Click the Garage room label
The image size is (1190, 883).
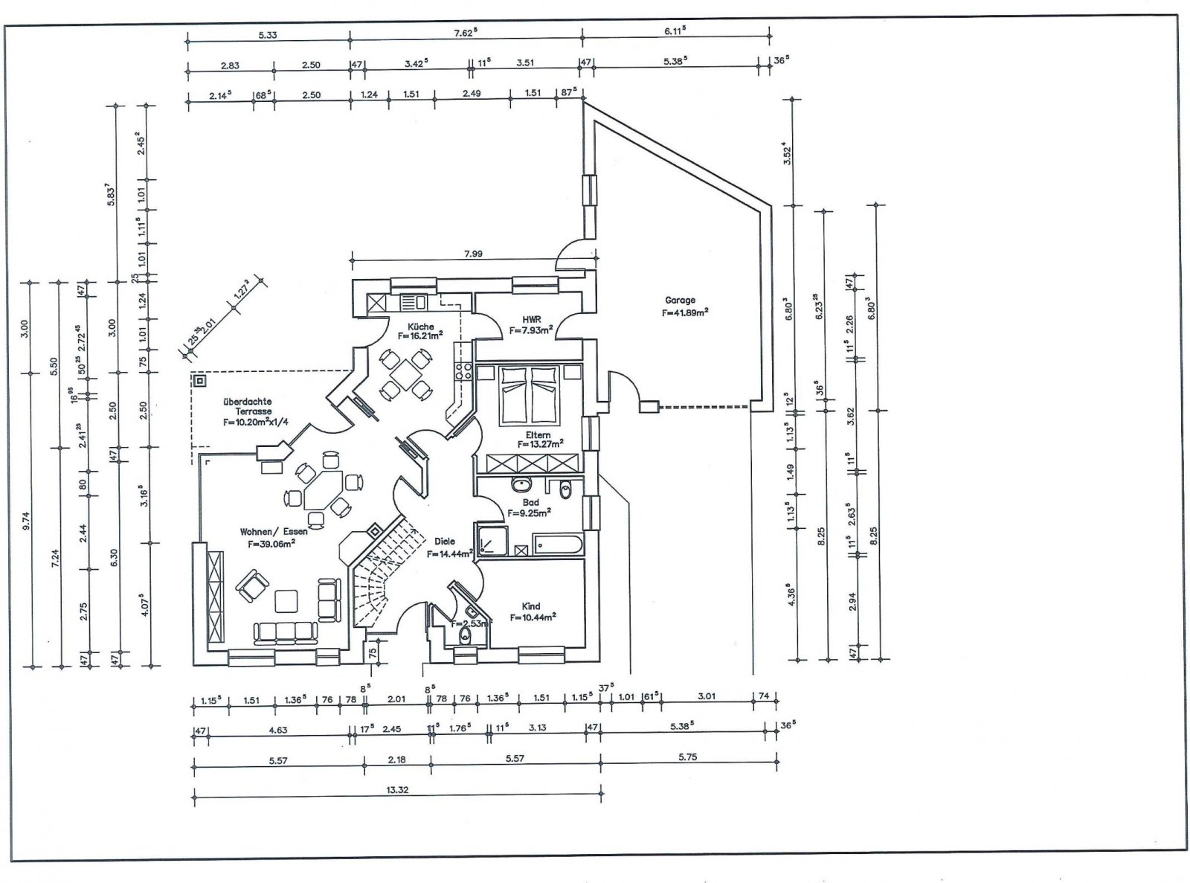click(680, 301)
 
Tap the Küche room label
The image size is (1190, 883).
click(420, 327)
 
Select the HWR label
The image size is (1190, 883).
click(531, 320)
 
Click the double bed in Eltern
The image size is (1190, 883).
click(529, 392)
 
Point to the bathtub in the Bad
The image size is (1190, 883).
click(558, 544)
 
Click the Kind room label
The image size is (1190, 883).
click(531, 606)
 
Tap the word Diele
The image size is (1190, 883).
click(444, 542)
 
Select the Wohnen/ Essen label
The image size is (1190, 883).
click(273, 532)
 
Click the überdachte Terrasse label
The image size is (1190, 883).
click(246, 406)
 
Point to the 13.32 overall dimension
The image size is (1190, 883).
click(397, 790)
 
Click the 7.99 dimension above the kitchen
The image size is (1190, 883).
click(473, 254)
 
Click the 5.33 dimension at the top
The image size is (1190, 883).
click(268, 34)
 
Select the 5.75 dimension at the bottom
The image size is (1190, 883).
click(687, 757)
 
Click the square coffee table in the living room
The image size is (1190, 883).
click(286, 600)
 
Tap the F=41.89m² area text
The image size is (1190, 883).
click(685, 312)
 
